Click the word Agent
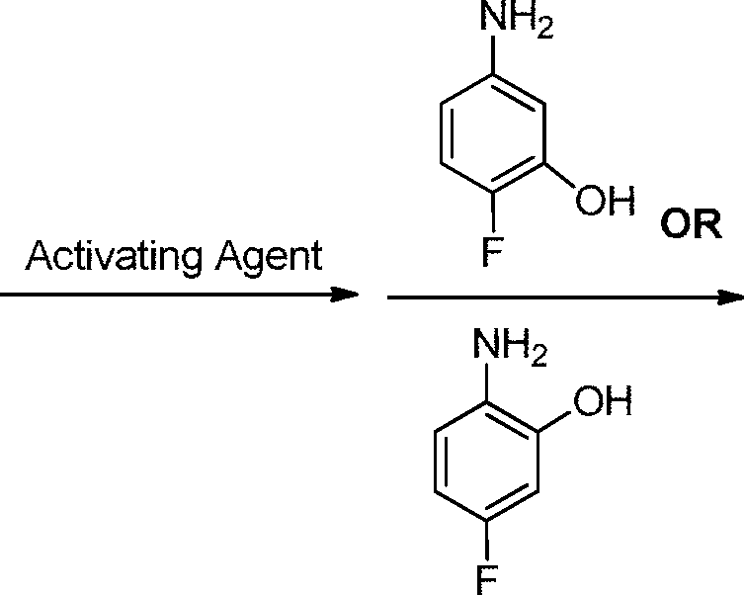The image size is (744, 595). (269, 258)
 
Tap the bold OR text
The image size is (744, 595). (691, 224)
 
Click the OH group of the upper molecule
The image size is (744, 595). (605, 200)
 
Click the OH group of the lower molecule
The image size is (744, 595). (603, 401)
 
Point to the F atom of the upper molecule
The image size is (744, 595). (492, 250)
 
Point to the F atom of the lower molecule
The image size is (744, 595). (487, 580)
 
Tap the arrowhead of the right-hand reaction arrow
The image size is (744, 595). (731, 297)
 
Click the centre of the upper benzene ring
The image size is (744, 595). (493, 133)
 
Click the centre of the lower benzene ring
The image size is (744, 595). (487, 463)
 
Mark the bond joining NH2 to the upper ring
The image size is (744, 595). (493, 55)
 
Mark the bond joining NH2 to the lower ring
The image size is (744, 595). (487, 383)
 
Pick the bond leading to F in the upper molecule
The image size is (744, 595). (493, 212)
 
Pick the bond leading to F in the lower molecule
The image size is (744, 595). (487, 542)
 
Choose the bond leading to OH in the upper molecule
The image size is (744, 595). (560, 176)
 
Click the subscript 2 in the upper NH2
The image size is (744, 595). (544, 30)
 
